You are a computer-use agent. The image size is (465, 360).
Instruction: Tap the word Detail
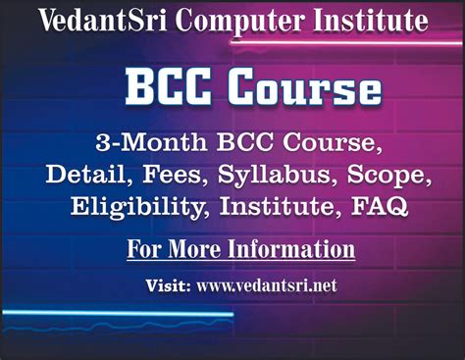85,175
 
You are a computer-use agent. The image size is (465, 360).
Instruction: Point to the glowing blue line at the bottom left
118,315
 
